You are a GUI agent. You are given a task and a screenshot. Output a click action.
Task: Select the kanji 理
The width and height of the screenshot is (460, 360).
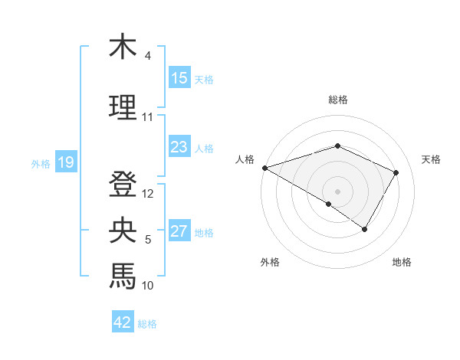pos(123,108)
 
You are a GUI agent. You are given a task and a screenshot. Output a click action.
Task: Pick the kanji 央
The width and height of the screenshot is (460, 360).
pos(123,229)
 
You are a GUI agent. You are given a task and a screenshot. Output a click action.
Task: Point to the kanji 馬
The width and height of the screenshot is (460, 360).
pos(123,275)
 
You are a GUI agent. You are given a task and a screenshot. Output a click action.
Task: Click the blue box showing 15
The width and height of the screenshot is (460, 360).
pos(179,78)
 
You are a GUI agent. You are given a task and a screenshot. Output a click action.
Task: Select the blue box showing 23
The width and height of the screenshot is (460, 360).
pos(179,147)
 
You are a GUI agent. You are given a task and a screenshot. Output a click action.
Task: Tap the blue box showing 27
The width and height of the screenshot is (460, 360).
pos(179,231)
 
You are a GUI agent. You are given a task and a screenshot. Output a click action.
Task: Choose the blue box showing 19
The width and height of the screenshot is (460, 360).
pos(65,162)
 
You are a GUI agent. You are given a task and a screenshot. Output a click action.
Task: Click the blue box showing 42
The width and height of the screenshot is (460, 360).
pos(123,322)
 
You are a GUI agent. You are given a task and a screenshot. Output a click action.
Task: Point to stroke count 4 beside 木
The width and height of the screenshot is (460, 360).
pos(148,56)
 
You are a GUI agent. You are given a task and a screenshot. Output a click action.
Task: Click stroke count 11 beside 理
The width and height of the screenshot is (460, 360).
pos(148,117)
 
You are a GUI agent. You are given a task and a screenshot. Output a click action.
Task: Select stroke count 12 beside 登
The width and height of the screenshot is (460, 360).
pos(149,194)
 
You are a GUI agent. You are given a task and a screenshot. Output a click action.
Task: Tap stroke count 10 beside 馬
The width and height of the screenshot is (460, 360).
pos(148,286)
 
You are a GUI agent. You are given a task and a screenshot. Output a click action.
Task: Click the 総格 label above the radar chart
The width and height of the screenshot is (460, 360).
pos(337,100)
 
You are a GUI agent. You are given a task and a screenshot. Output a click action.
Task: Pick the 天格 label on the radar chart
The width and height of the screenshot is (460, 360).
pos(432,159)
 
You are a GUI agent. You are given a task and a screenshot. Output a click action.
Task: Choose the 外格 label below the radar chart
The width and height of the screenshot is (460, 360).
pos(270,262)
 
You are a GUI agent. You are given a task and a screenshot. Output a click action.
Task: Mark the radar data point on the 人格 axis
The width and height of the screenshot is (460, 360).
pos(264,167)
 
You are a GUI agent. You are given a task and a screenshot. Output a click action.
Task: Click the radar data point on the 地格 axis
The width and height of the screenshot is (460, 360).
pos(365,229)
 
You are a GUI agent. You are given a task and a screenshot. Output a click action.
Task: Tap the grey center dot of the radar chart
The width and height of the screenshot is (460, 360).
pos(337,191)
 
